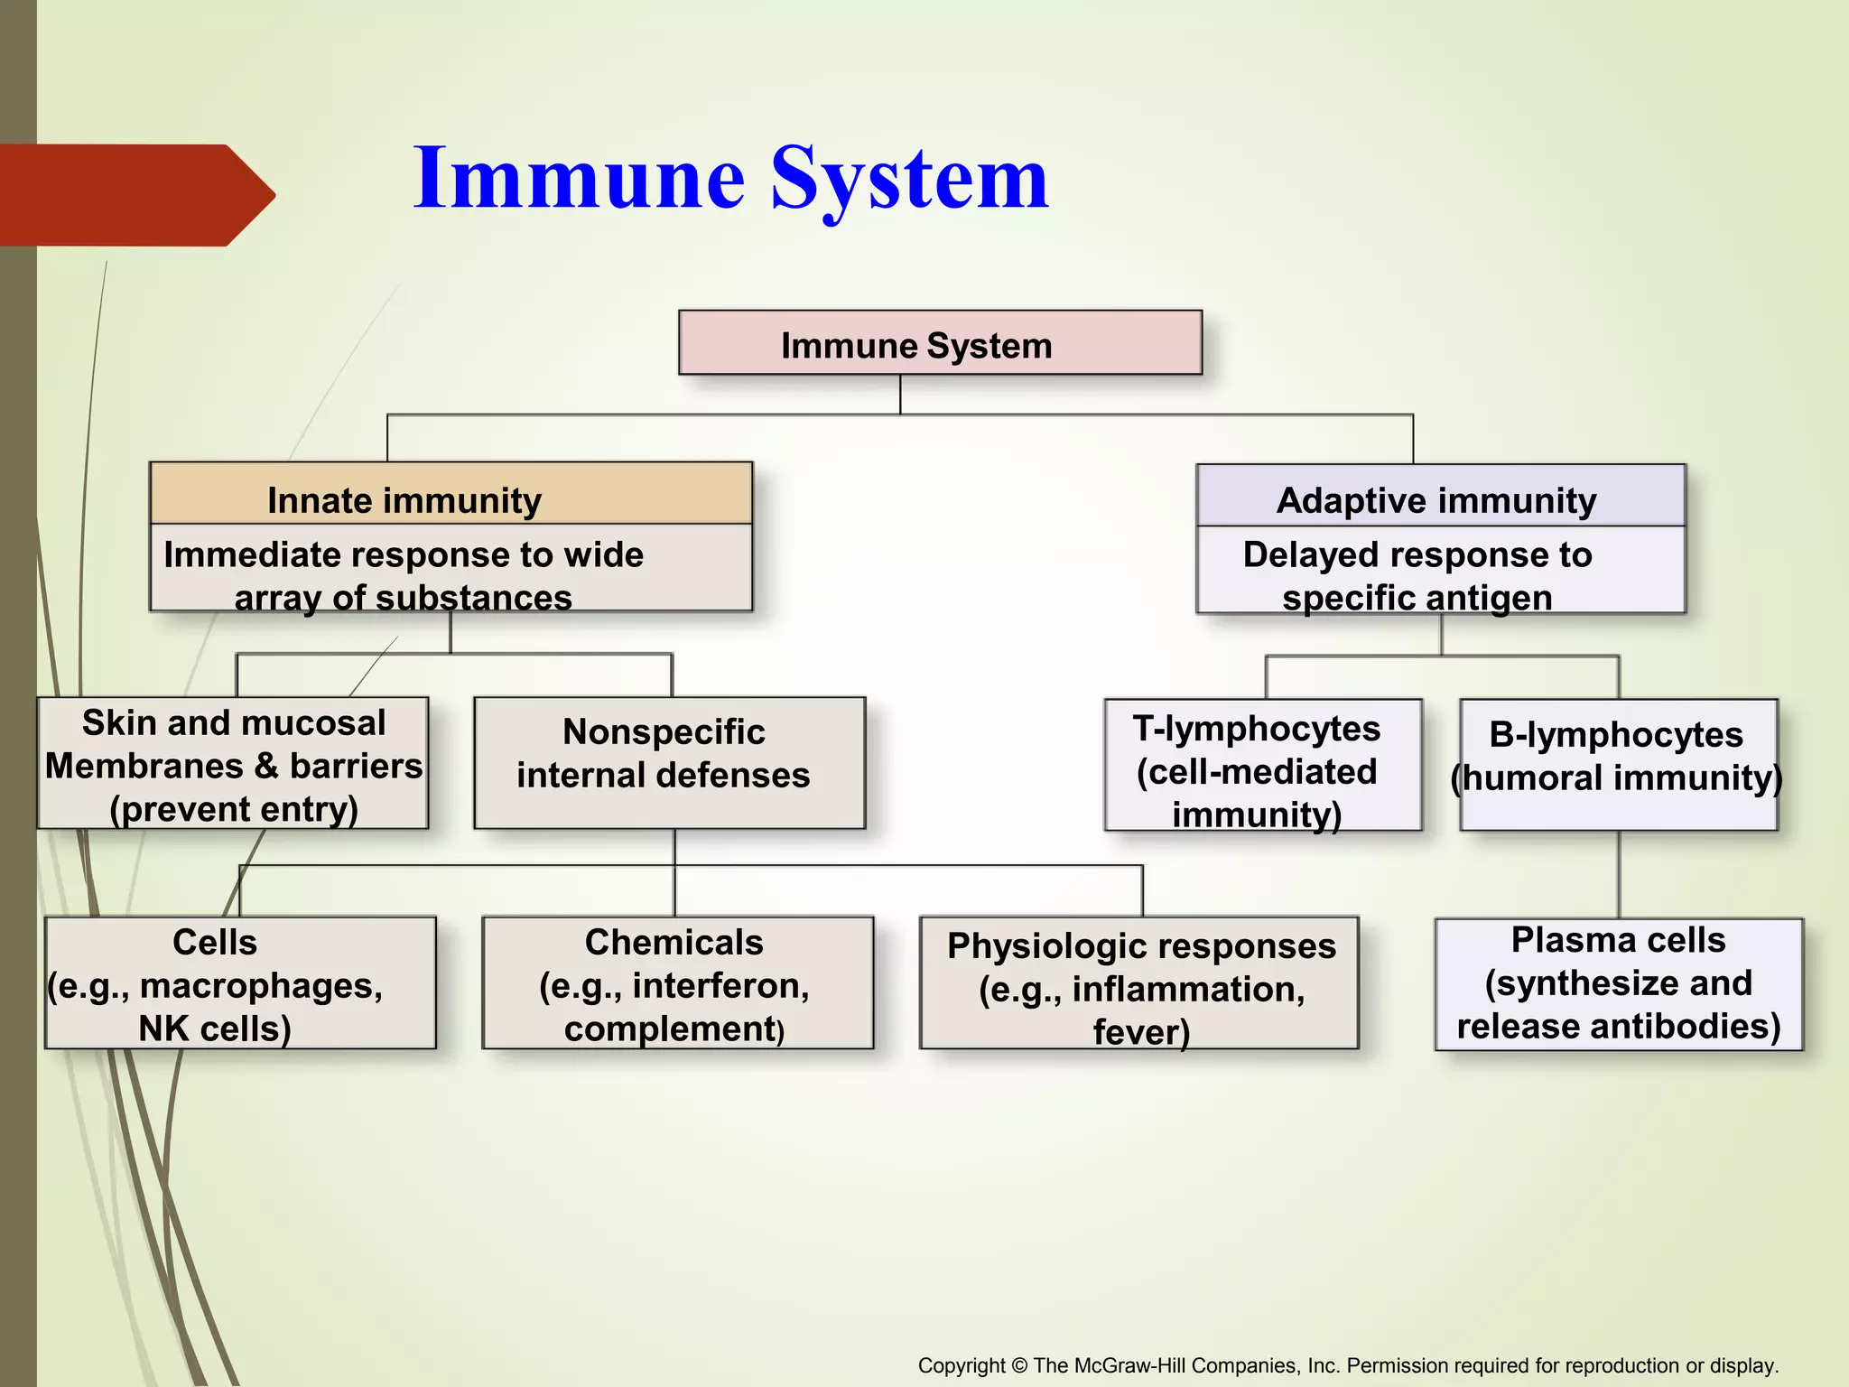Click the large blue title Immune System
click(731, 179)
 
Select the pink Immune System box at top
click(939, 343)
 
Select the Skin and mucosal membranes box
click(233, 764)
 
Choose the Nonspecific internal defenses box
click(668, 762)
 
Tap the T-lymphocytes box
click(1262, 766)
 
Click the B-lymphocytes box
click(1618, 764)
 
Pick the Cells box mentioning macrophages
click(239, 983)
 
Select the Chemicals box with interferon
click(677, 983)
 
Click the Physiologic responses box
click(1139, 983)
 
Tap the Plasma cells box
click(1618, 983)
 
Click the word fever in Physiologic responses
click(1141, 1031)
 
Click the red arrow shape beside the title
click(135, 195)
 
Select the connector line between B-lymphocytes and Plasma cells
click(1619, 874)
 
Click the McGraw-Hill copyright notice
click(1347, 1365)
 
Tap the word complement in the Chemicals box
click(670, 1029)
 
